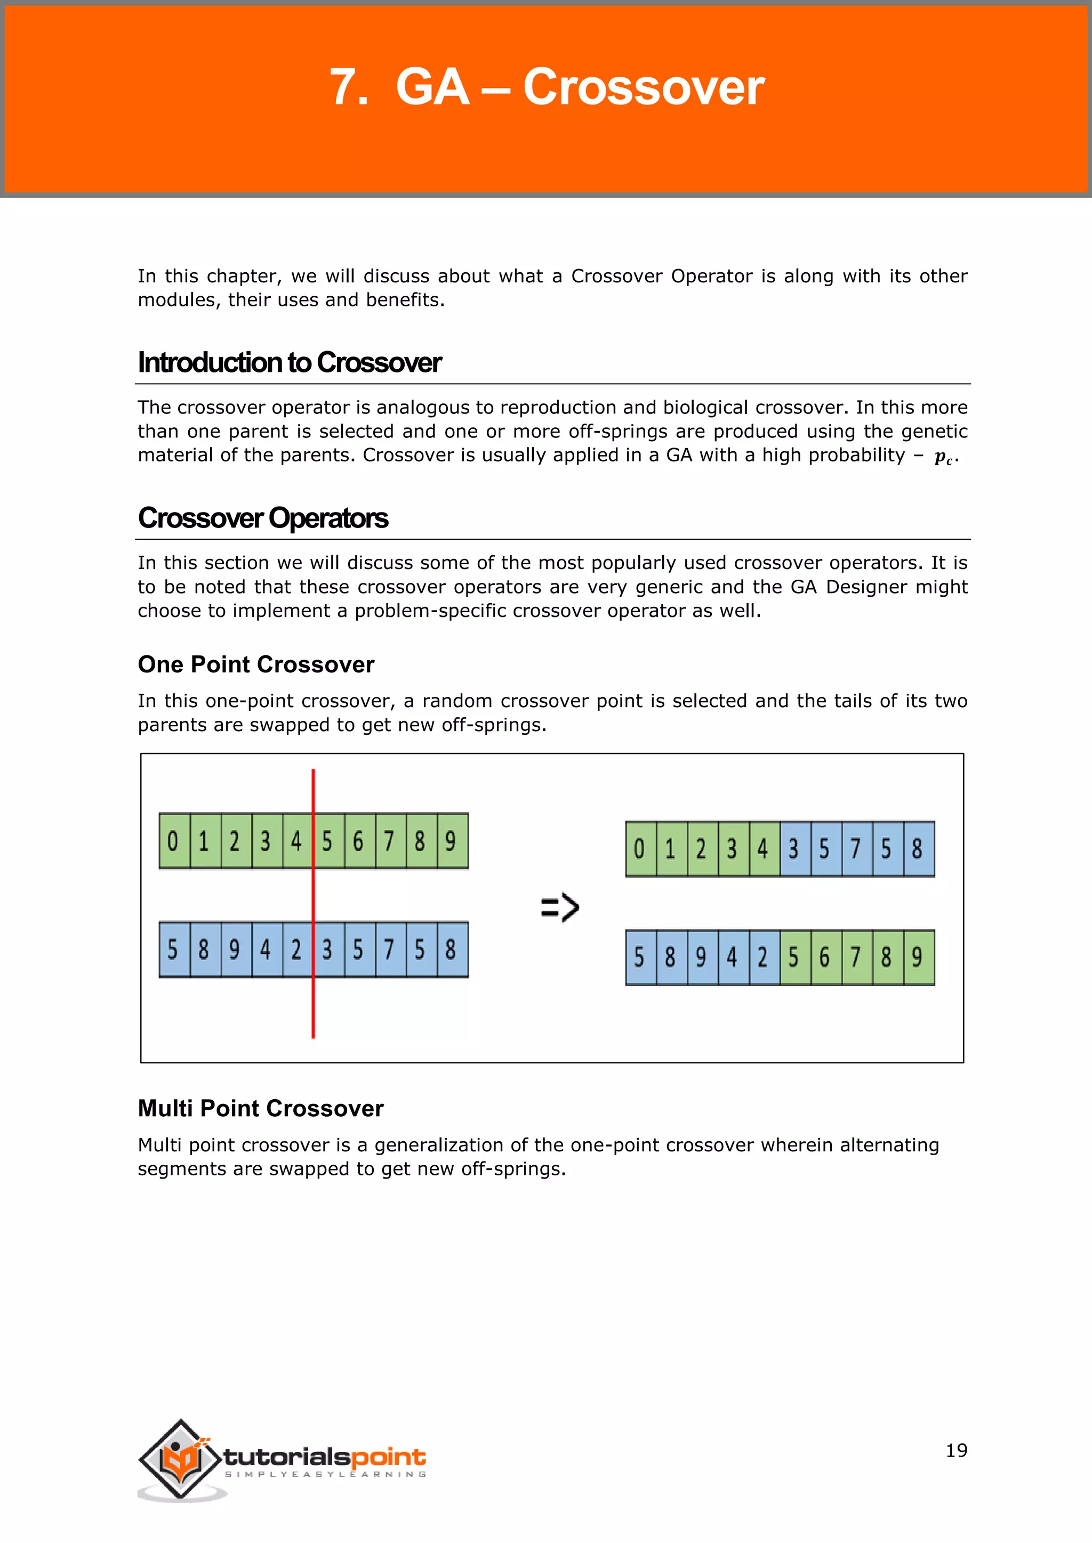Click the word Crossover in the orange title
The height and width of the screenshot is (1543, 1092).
point(643,87)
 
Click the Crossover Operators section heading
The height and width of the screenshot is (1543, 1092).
point(263,517)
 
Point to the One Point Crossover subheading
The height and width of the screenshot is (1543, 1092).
point(255,664)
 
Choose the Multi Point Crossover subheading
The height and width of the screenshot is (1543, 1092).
point(260,1108)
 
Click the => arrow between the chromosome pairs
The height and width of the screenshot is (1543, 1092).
point(559,907)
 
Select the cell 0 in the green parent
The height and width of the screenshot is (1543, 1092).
point(173,841)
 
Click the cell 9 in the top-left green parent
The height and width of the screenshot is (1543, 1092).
point(451,841)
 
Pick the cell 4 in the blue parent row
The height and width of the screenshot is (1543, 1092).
point(266,949)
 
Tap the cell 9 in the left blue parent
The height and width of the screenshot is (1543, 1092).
point(235,949)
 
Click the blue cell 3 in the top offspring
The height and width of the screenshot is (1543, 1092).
point(794,849)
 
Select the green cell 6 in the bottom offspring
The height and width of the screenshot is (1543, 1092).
point(825,957)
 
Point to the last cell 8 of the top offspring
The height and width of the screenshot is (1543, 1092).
point(918,849)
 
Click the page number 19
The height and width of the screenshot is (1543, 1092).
point(955,1450)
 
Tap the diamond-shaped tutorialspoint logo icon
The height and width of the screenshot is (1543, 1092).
point(180,1458)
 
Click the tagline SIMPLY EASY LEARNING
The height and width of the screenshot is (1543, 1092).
point(325,1474)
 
